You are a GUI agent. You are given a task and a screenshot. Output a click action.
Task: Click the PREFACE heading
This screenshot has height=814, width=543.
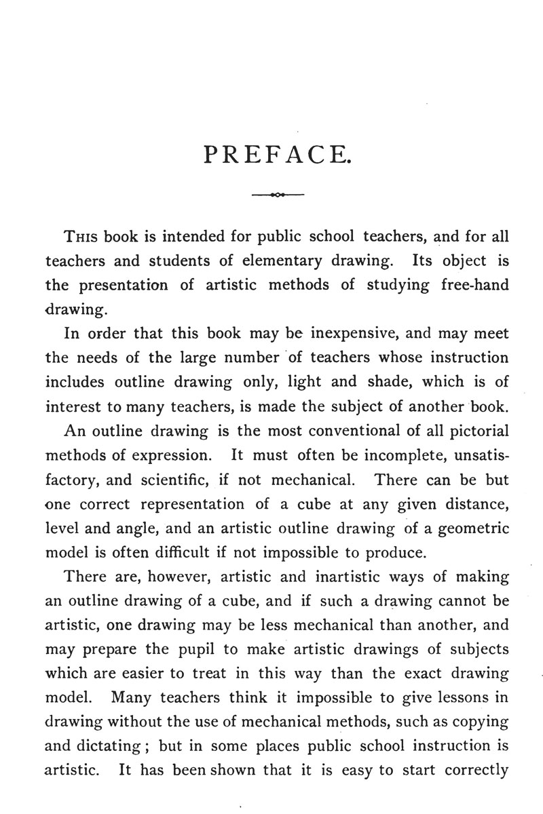click(x=277, y=157)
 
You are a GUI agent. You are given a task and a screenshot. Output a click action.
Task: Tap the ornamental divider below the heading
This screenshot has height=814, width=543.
click(x=277, y=195)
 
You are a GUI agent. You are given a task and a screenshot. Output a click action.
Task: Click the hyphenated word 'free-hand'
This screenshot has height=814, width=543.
click(x=471, y=286)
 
